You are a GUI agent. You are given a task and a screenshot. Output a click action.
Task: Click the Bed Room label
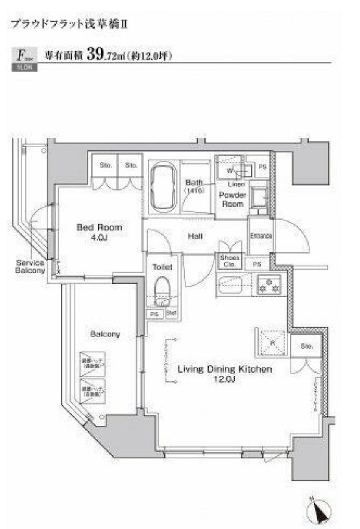pos(99,228)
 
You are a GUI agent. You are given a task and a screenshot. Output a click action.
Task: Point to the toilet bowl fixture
pos(162,291)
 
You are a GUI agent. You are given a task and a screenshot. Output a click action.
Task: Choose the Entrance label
pos(260,236)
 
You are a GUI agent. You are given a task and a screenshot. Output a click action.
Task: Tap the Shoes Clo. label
pos(230,261)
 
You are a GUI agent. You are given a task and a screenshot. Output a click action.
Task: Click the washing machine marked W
pos(230,170)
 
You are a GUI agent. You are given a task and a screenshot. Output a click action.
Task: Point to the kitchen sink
pos(232,283)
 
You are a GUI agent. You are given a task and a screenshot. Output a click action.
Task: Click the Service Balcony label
pos(30,267)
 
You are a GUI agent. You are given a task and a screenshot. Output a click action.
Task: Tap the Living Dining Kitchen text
pos(224,370)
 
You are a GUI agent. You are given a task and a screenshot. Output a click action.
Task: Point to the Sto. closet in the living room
pos(306,347)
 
